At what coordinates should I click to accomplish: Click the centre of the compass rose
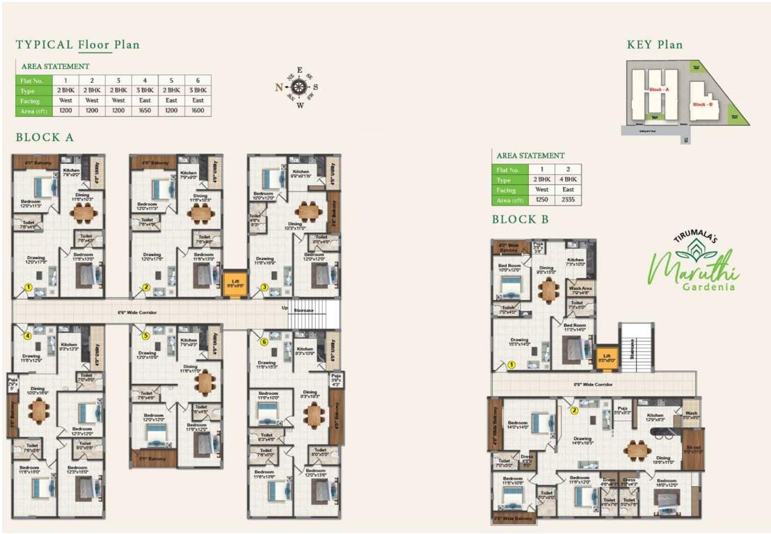(x=299, y=87)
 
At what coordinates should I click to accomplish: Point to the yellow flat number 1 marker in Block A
(x=29, y=286)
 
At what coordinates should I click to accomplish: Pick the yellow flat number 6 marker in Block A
(x=264, y=341)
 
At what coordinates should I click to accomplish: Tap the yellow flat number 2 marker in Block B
(x=574, y=410)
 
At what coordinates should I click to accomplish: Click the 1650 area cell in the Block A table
(x=145, y=111)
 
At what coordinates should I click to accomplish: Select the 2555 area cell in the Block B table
(x=568, y=200)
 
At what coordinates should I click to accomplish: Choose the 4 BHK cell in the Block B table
(x=568, y=179)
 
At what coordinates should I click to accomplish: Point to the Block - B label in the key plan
(x=702, y=104)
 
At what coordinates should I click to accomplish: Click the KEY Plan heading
(x=654, y=44)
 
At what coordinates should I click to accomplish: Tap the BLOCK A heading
(x=45, y=138)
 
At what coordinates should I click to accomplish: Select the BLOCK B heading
(x=520, y=220)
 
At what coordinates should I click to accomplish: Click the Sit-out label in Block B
(x=693, y=449)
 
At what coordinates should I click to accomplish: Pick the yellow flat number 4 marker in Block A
(x=28, y=335)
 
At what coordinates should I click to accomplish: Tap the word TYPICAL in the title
(x=45, y=45)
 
